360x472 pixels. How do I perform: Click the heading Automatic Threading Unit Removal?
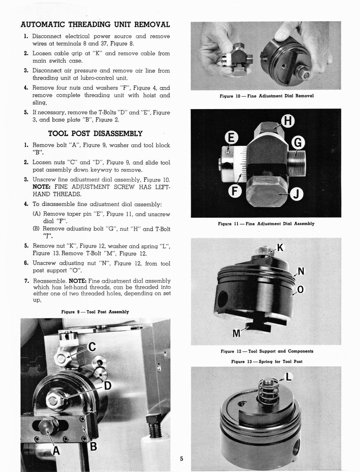click(95, 25)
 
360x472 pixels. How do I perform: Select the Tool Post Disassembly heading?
click(95, 134)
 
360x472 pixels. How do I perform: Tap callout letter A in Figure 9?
click(57, 451)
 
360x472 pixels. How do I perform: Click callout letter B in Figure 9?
click(93, 445)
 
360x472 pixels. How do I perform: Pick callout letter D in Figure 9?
click(108, 386)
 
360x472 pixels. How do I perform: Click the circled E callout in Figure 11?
click(231, 138)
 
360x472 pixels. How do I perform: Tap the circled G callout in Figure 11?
click(298, 142)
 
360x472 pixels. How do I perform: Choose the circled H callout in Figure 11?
click(288, 122)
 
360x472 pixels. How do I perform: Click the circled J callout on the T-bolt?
click(298, 194)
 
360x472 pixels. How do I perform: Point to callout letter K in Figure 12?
click(280, 247)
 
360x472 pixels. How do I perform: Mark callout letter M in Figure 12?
click(237, 333)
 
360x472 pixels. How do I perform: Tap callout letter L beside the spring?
click(289, 377)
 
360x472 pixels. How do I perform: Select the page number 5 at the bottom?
click(181, 458)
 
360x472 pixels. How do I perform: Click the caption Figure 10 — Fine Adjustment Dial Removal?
click(266, 96)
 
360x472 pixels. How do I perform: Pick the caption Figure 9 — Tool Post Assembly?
click(95, 312)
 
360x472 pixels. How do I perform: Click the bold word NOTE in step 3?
click(43, 187)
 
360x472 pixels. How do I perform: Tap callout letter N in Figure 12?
click(301, 272)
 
